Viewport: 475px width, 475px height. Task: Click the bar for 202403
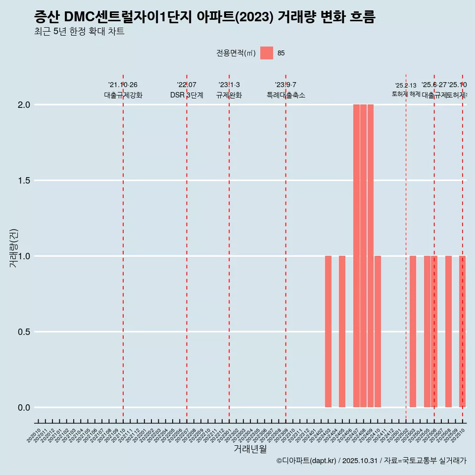point(328,332)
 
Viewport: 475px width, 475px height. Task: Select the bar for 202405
point(342,332)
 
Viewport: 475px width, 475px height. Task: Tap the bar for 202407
point(356,256)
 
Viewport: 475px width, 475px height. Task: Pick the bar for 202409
point(370,256)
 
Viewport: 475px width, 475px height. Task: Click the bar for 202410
point(378,332)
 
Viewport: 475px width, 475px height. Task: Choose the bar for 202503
point(413,332)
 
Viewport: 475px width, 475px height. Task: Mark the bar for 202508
point(448,332)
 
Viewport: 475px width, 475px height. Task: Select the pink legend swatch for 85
point(267,53)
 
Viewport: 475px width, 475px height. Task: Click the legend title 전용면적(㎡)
point(236,53)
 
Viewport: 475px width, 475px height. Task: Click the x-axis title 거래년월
point(250,449)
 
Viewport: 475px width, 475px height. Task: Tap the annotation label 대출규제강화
point(123,95)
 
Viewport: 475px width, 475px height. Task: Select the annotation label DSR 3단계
point(187,95)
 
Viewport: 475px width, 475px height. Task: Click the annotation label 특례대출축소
point(286,95)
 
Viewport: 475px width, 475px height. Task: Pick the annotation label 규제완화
point(229,95)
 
